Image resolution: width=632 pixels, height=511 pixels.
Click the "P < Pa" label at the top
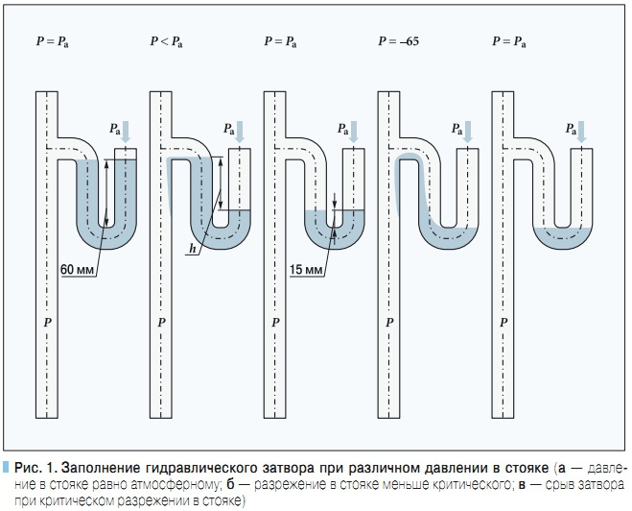[166, 42]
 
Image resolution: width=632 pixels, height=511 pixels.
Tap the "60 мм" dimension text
[78, 270]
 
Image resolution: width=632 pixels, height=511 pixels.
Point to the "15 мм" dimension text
[305, 270]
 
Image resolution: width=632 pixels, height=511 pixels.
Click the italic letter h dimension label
[193, 249]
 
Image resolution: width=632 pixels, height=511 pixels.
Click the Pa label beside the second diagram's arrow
[227, 128]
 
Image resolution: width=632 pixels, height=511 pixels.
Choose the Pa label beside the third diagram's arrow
[341, 128]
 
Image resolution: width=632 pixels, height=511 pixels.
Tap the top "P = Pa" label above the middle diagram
[280, 42]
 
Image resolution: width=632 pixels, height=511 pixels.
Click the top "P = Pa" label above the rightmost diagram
[508, 42]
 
